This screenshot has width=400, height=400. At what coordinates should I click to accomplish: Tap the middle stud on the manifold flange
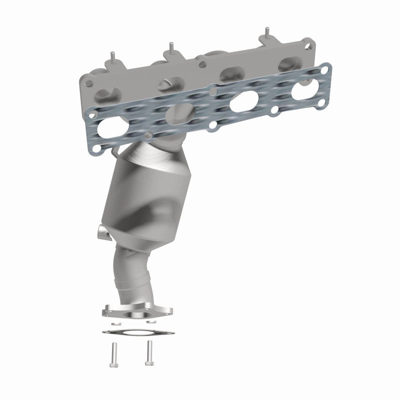[x=171, y=47]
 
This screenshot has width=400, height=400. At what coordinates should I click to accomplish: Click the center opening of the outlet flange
[x=136, y=314]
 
